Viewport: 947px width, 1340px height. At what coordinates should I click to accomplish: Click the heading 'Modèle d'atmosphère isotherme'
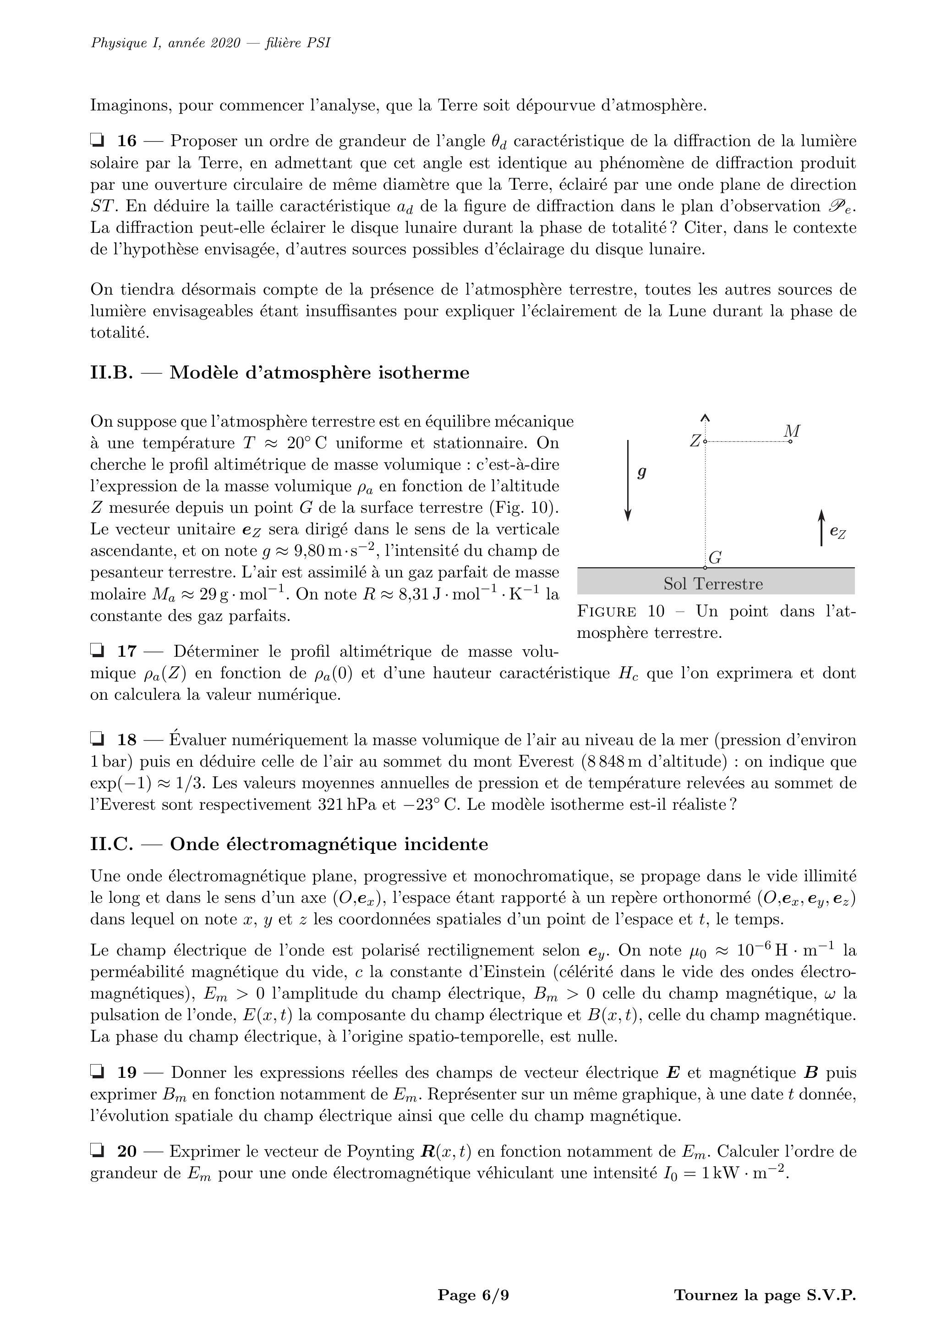pos(319,373)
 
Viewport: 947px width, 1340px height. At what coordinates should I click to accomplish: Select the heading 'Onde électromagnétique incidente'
pos(328,844)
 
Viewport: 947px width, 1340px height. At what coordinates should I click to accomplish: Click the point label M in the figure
pos(792,431)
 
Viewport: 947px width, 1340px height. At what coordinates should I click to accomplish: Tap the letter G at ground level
pos(715,557)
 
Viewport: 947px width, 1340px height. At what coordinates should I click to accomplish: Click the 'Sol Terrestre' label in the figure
pos(713,584)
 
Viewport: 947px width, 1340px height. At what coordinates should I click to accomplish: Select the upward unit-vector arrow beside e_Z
pos(821,527)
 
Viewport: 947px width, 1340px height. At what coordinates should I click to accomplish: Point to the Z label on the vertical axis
pos(695,441)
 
